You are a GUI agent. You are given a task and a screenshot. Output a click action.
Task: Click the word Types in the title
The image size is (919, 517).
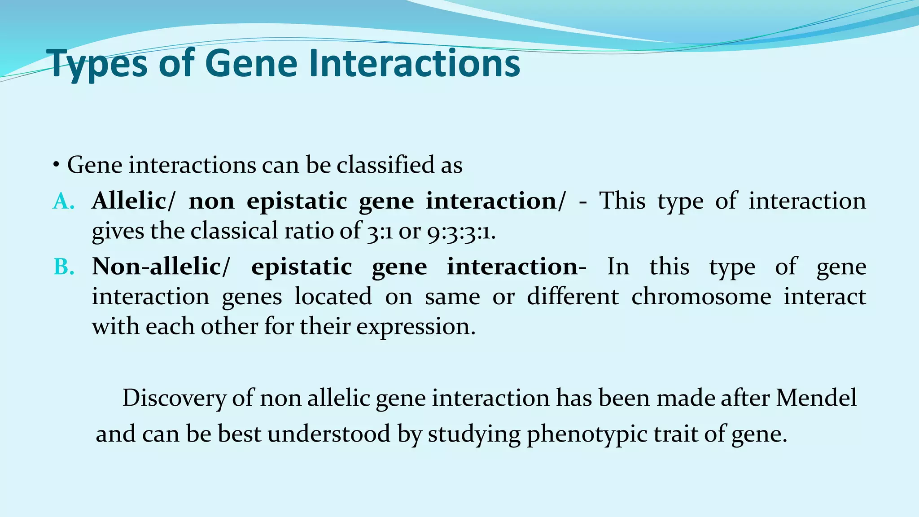click(96, 64)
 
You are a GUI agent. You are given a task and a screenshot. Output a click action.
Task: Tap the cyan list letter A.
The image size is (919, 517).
click(63, 202)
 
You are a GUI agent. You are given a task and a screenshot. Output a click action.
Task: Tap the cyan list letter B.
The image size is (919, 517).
click(63, 267)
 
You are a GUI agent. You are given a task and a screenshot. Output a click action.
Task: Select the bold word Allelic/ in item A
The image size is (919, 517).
click(133, 201)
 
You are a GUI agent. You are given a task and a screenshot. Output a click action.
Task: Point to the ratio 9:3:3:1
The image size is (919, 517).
click(461, 232)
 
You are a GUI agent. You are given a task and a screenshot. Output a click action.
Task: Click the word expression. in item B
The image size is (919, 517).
click(416, 327)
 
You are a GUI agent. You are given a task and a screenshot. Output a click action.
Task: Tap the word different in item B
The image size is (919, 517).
click(573, 296)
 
